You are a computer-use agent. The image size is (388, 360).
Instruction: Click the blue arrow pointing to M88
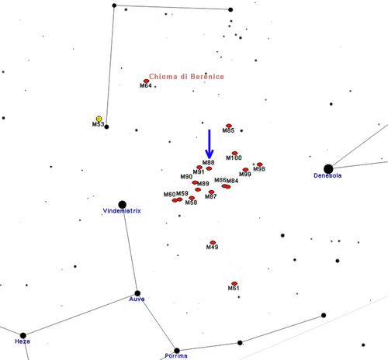tap(210, 144)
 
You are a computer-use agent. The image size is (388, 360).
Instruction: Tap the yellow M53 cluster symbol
tap(99, 119)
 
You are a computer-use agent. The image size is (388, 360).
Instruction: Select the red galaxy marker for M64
tap(147, 81)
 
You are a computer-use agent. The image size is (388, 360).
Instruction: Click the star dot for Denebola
tap(328, 169)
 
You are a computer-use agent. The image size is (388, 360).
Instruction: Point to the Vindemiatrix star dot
tap(122, 205)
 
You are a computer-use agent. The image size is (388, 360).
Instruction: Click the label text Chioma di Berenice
tap(186, 77)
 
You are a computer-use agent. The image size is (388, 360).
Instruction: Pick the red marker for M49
tap(213, 242)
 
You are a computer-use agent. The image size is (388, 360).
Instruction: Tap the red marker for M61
tap(234, 283)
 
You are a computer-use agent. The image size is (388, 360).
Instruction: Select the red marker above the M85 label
tap(229, 126)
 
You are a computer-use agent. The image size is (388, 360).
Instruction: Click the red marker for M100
tap(234, 153)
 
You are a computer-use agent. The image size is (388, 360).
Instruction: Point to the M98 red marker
tap(260, 164)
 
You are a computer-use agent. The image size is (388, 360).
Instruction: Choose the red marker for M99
tap(245, 170)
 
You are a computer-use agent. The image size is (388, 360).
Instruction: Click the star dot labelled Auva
tap(137, 293)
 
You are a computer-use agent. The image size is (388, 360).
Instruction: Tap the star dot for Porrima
tap(177, 351)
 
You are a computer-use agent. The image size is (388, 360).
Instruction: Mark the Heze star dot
tap(23, 335)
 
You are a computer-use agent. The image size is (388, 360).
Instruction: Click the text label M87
tap(210, 196)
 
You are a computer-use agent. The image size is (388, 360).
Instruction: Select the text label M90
tap(186, 177)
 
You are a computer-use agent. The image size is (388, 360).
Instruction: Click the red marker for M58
tap(192, 198)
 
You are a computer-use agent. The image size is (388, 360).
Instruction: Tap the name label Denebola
tap(327, 175)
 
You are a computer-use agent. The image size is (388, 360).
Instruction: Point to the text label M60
tap(169, 194)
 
